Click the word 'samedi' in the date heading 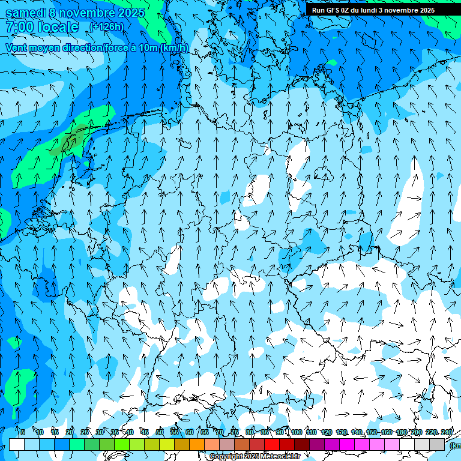[25, 13]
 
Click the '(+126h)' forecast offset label [106, 27]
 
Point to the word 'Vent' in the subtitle [17, 47]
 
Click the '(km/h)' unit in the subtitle [174, 47]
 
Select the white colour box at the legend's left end [17, 444]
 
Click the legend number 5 [23, 432]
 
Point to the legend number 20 [70, 432]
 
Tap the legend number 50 [160, 432]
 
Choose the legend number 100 [297, 432]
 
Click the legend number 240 [447, 432]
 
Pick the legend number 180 [402, 432]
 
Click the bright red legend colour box [272, 444]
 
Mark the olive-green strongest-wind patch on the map [71, 141]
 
